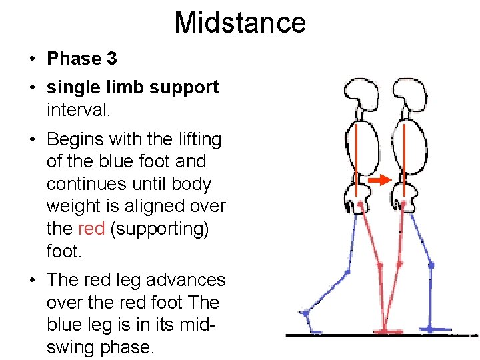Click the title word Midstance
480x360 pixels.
(x=240, y=22)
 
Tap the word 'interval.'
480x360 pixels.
(x=78, y=109)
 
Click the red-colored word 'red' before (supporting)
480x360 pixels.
(x=91, y=229)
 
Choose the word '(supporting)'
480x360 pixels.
(x=159, y=229)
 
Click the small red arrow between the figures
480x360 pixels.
(x=379, y=180)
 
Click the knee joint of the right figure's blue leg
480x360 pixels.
(x=431, y=265)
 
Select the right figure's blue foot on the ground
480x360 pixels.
(x=437, y=329)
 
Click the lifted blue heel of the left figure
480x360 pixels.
(x=305, y=313)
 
